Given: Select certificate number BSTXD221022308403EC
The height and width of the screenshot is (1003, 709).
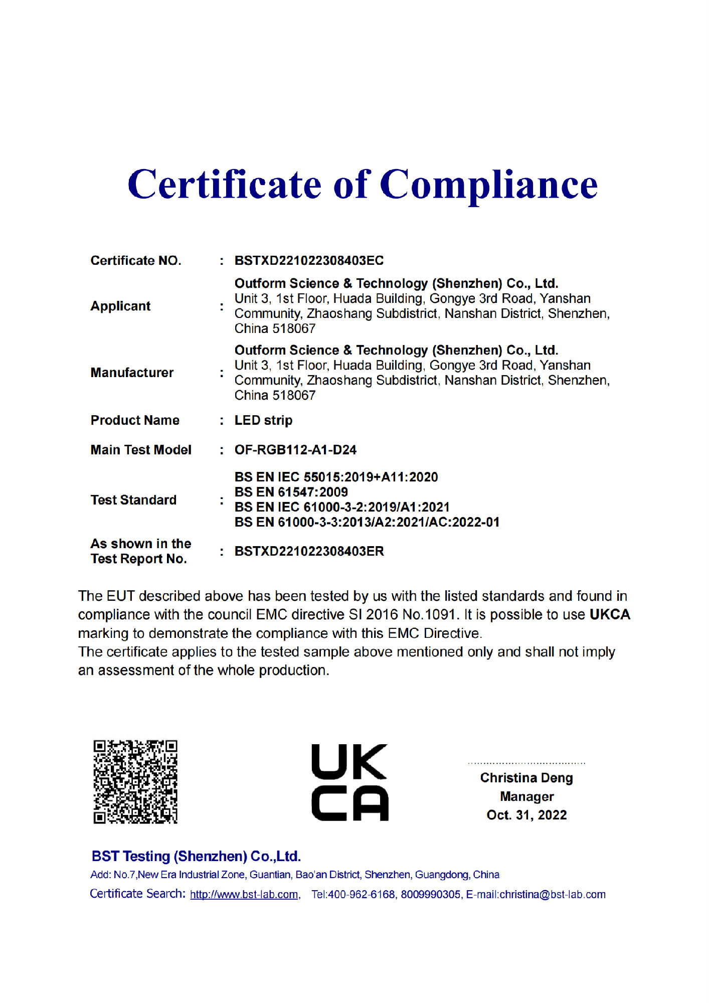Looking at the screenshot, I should pos(309,260).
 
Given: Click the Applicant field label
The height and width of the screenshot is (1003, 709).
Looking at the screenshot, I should pos(120,306).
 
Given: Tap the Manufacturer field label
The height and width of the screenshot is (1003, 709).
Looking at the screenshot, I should pos(132,373).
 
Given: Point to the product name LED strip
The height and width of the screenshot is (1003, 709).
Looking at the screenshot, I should pos(263,420).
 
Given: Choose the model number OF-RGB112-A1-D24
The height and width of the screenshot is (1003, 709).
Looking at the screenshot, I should pos(295,450).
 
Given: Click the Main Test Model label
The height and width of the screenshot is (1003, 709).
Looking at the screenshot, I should pos(141,450).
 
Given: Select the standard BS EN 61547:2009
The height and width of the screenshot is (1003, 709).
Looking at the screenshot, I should pos(291,492).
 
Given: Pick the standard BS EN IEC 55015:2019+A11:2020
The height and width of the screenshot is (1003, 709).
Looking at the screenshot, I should pos(336,477).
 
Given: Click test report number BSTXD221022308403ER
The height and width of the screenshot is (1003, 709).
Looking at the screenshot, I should pos(309,551).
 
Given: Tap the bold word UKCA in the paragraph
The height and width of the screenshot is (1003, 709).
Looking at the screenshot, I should pos(609,614).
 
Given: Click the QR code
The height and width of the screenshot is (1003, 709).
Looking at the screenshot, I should pos(135,781).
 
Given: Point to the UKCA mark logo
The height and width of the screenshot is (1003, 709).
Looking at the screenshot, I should pos(349,782).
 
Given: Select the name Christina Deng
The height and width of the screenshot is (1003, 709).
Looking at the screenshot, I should pos(526,778).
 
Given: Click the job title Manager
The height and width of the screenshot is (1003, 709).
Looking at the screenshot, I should pos(526,796).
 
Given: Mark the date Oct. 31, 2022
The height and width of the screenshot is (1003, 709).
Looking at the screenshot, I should pos(526,815).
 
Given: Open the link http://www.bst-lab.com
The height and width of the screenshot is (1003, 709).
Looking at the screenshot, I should pos(244,894).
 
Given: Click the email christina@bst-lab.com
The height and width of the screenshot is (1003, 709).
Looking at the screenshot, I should pos(553,894).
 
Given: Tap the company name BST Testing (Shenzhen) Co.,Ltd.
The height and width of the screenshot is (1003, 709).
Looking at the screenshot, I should pos(196,856).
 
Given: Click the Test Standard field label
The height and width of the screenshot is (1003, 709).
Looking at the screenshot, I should pos(133,500).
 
